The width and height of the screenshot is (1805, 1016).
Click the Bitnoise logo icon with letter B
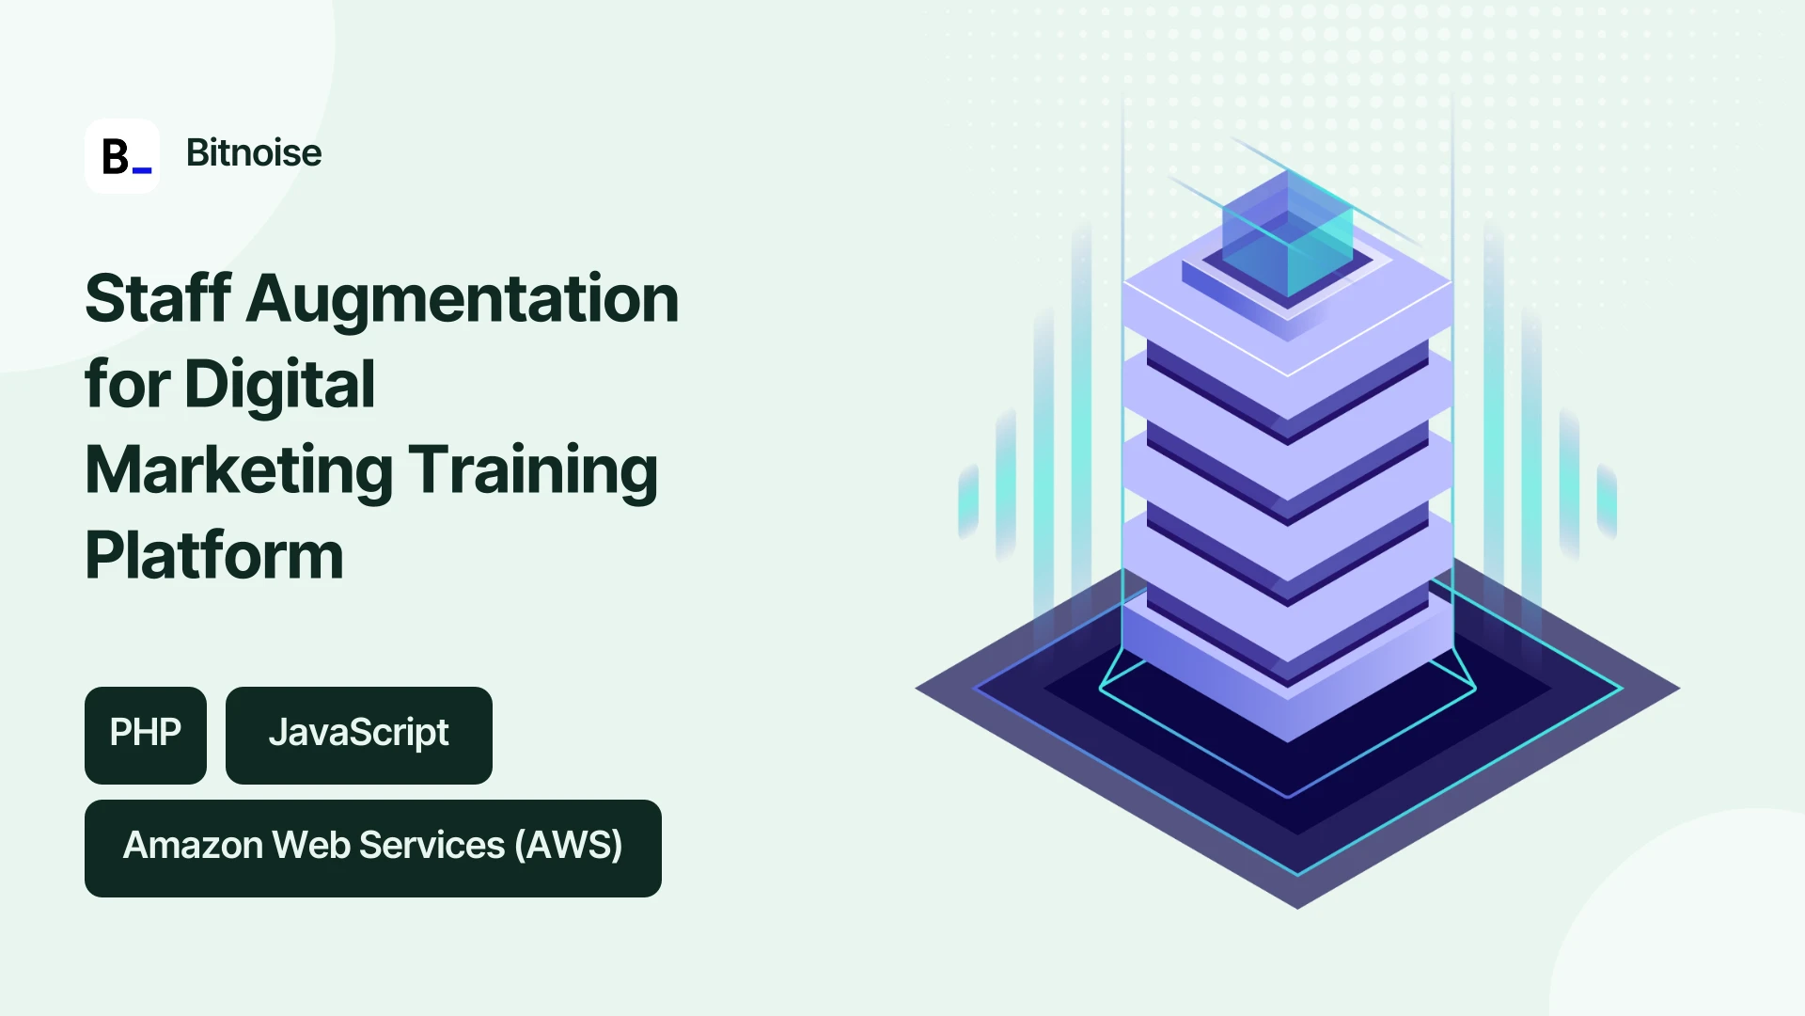pos(122,156)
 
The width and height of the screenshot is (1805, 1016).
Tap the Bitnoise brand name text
pos(254,152)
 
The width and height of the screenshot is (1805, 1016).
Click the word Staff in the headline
pos(159,298)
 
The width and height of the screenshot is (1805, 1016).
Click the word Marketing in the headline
pos(239,471)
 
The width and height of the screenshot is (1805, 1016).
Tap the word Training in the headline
pos(533,471)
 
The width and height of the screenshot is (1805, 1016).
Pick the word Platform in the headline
pos(214,555)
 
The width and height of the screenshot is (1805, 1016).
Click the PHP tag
pos(146,735)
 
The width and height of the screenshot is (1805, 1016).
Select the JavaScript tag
pos(359,735)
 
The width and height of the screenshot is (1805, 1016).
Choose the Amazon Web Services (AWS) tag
pos(373,848)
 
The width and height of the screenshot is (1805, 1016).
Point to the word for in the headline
pos(128,384)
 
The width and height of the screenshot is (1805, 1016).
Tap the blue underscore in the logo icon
pos(142,170)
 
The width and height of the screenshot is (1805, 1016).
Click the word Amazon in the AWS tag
pos(193,845)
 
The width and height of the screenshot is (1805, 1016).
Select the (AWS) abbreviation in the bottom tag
pos(568,845)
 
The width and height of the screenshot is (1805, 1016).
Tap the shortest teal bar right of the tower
pos(1607,501)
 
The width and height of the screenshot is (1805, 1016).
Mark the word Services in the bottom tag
pos(432,845)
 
